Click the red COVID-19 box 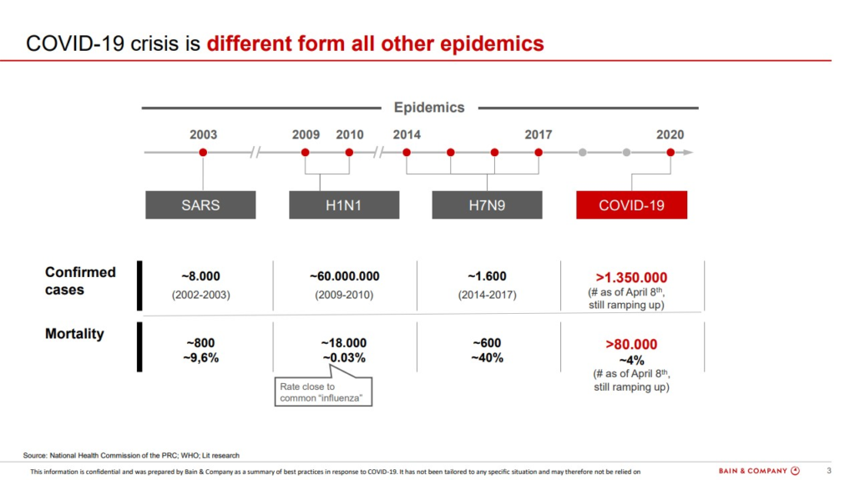point(631,205)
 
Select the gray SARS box point(200,205)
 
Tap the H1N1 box point(344,205)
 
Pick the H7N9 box point(487,205)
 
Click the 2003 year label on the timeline point(203,134)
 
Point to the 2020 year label point(670,134)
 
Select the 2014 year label point(407,134)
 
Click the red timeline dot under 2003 point(203,152)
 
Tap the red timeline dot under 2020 point(670,152)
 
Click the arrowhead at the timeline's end point(688,152)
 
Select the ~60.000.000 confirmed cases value point(344,276)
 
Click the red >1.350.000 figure point(631,277)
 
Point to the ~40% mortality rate point(487,358)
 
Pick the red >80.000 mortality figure point(631,344)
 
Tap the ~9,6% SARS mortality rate point(204,358)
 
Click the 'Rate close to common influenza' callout point(323,392)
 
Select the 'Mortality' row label point(74,334)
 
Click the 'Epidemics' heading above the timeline point(429,108)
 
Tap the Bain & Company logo point(759,471)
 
